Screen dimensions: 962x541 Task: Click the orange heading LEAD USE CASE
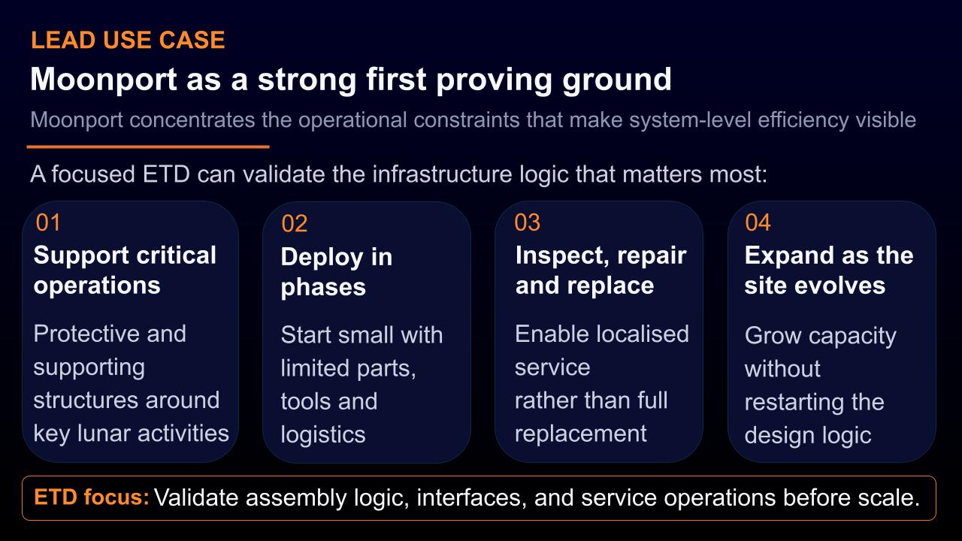(128, 40)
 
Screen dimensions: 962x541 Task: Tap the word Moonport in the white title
(104, 80)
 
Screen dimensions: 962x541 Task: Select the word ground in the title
(617, 80)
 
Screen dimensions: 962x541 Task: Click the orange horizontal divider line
(148, 147)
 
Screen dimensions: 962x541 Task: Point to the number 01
(48, 222)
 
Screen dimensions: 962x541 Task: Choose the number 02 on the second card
(294, 224)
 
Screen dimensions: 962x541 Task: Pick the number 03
(528, 222)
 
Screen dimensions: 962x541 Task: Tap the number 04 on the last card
(758, 222)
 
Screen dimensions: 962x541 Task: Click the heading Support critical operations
(125, 270)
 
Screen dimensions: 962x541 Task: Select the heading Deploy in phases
(337, 272)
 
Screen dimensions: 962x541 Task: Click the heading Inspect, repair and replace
(600, 270)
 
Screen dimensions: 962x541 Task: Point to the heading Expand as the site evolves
(829, 270)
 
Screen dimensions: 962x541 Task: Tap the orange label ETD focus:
(92, 497)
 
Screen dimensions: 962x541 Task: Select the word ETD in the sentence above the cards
(166, 174)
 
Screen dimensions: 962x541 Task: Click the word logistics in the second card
(323, 435)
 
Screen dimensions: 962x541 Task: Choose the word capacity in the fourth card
(852, 336)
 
